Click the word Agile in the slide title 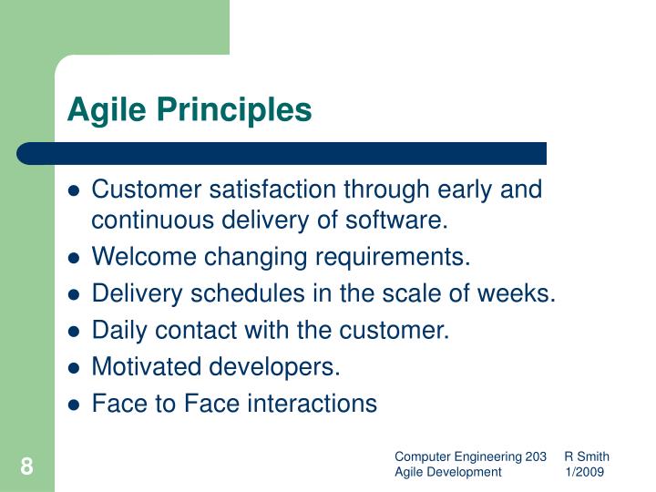click(x=101, y=110)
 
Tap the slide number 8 click(x=26, y=467)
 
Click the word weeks click(x=520, y=294)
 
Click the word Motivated click(x=149, y=367)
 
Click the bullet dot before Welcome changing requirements click(x=76, y=259)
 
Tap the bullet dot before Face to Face click(x=76, y=405)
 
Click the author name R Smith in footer click(x=587, y=456)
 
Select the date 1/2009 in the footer click(x=584, y=472)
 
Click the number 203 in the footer click(x=537, y=456)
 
